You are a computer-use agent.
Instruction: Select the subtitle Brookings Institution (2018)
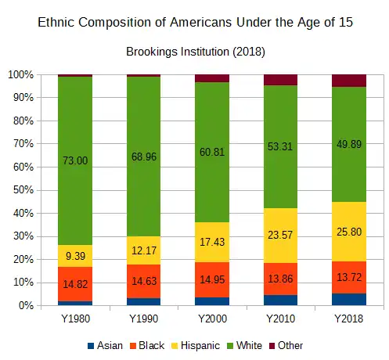point(195,52)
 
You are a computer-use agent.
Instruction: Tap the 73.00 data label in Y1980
point(74,160)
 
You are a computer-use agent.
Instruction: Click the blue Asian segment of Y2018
point(349,299)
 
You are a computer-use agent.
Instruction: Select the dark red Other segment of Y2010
point(280,79)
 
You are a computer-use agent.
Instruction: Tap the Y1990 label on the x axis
point(143,319)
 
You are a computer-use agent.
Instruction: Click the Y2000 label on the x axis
point(212,319)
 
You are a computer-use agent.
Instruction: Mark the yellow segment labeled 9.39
point(74,255)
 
